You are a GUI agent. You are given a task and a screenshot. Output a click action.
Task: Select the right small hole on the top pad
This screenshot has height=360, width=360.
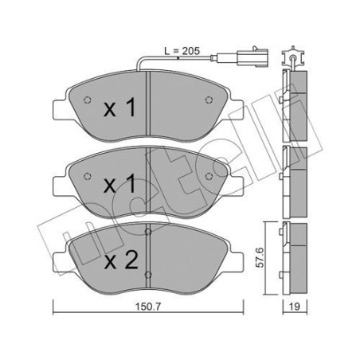[209, 100]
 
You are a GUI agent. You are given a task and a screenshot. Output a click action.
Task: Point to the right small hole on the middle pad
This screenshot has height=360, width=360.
[209, 174]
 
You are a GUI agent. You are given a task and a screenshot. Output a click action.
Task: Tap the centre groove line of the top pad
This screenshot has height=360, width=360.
[149, 104]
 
